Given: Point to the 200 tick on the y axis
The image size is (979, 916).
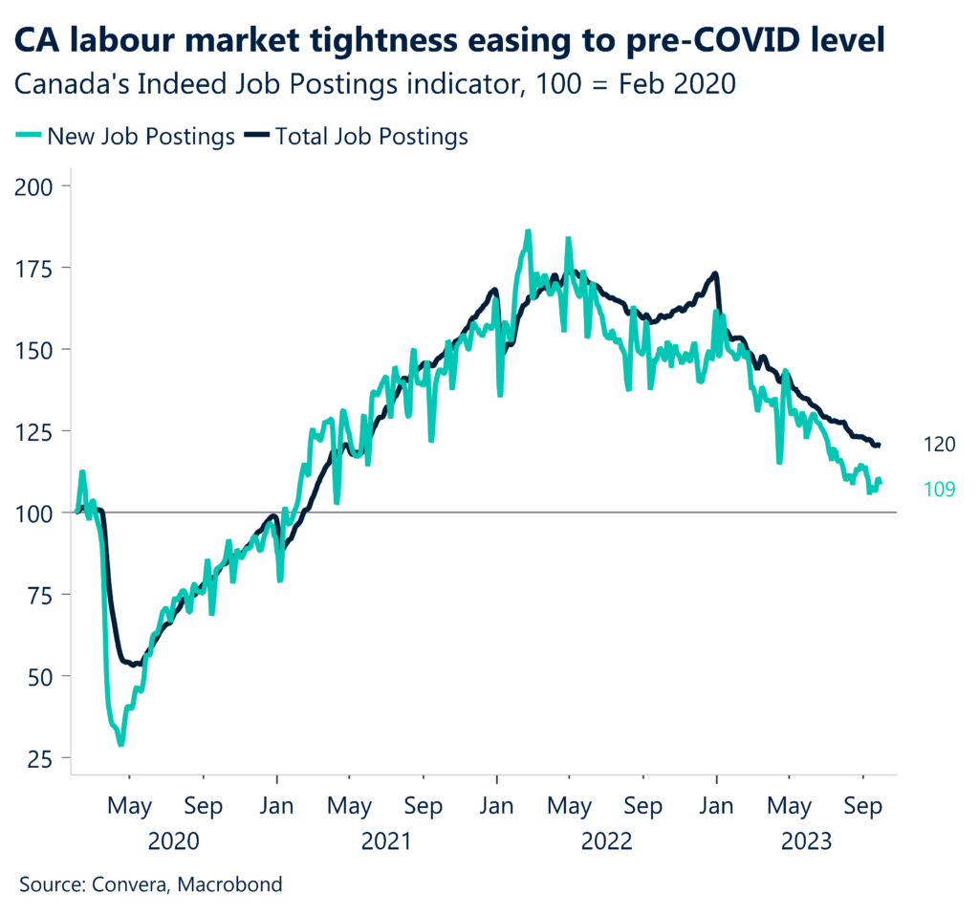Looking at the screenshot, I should click(x=37, y=185).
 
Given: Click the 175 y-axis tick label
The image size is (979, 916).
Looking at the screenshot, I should click(x=37, y=267).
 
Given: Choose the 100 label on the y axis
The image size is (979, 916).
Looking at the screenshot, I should click(x=37, y=513).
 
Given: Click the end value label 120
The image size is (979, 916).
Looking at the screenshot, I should click(x=939, y=444).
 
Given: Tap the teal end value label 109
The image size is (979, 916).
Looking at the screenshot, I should click(x=939, y=490).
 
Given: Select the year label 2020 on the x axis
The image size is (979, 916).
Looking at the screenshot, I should click(x=174, y=841).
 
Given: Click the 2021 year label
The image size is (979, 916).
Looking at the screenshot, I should click(x=386, y=841).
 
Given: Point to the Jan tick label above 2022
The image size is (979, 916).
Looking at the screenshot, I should click(x=496, y=806).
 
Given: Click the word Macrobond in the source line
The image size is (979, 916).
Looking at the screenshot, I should click(x=237, y=884).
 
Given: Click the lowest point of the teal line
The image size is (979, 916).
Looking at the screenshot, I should click(x=120, y=744).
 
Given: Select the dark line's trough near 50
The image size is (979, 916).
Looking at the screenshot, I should click(x=134, y=664).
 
